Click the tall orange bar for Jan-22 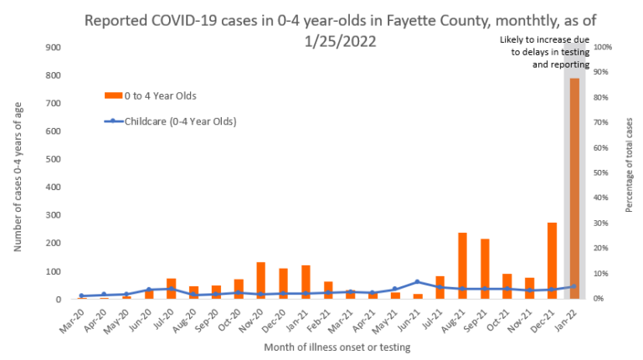(574, 188)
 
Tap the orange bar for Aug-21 (462, 266)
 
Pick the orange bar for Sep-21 (485, 269)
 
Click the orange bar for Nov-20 (261, 280)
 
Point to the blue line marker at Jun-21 (417, 282)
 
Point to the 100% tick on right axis (603, 48)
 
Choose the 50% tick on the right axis (602, 173)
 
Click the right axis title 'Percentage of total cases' (629, 173)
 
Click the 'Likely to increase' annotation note (545, 52)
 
